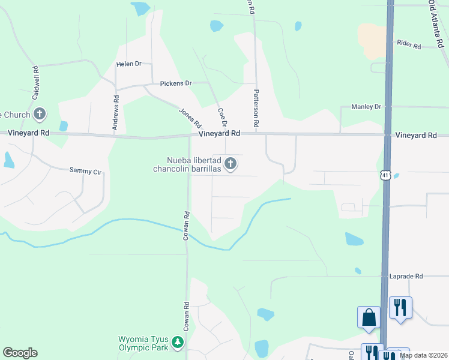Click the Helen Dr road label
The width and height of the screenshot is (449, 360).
128,64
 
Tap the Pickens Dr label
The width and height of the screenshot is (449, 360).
175,83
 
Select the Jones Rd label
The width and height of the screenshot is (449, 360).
190,118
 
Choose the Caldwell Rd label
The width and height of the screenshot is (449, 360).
35,82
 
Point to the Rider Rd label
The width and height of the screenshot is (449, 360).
408,44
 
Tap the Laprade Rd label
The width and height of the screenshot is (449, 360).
410,277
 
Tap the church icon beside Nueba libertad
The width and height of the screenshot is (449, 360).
230,163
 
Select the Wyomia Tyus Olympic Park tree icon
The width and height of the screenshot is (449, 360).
178,342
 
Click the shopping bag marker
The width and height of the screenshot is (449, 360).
369,317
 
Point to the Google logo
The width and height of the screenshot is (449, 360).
20,353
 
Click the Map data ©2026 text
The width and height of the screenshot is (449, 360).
423,355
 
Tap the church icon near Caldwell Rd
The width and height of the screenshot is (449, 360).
40,113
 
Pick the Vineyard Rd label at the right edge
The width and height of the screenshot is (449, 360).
416,136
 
